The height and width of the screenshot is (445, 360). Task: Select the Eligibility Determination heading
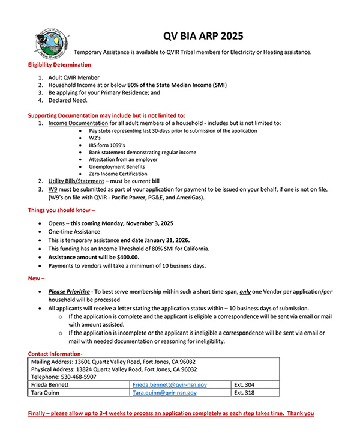point(60,65)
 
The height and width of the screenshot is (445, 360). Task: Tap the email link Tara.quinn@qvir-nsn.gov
point(164,392)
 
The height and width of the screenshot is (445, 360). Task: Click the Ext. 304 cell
point(242,383)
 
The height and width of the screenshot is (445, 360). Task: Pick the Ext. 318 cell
point(242,392)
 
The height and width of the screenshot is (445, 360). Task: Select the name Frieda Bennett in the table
point(50,383)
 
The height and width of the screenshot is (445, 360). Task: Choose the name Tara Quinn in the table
point(47,392)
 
